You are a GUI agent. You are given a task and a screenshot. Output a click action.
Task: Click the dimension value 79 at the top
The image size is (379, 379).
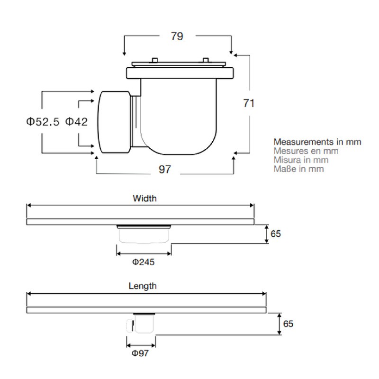point(177,36)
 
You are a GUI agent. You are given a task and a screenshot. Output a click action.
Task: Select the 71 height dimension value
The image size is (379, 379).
point(249,103)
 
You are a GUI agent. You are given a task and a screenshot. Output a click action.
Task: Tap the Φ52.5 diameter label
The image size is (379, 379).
point(43,122)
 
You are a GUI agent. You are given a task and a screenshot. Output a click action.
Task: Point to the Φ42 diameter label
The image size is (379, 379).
point(76,122)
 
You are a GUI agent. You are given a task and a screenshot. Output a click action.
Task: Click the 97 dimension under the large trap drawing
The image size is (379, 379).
point(165,169)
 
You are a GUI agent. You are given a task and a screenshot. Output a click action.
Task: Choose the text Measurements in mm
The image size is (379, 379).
point(317,142)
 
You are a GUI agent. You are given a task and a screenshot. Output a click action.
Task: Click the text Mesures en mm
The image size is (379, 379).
point(306,151)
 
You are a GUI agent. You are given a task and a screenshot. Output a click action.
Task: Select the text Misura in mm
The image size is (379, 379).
point(301,160)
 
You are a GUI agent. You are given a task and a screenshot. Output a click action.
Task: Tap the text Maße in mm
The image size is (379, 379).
point(298,169)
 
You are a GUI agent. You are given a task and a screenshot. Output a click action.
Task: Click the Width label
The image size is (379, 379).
point(145,199)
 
